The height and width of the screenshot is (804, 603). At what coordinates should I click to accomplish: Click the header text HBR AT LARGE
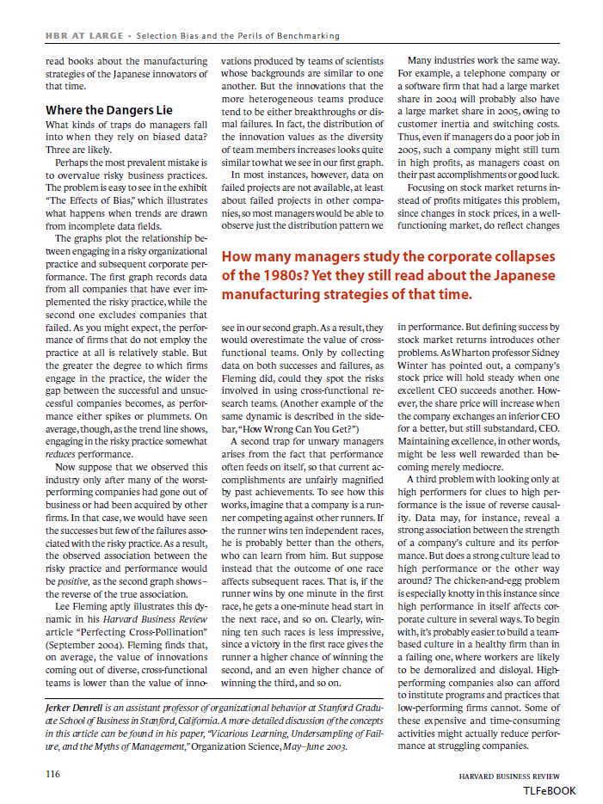(83, 36)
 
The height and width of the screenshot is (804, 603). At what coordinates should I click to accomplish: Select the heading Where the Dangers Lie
(108, 110)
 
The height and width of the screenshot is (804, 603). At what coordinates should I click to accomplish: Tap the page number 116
(52, 775)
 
